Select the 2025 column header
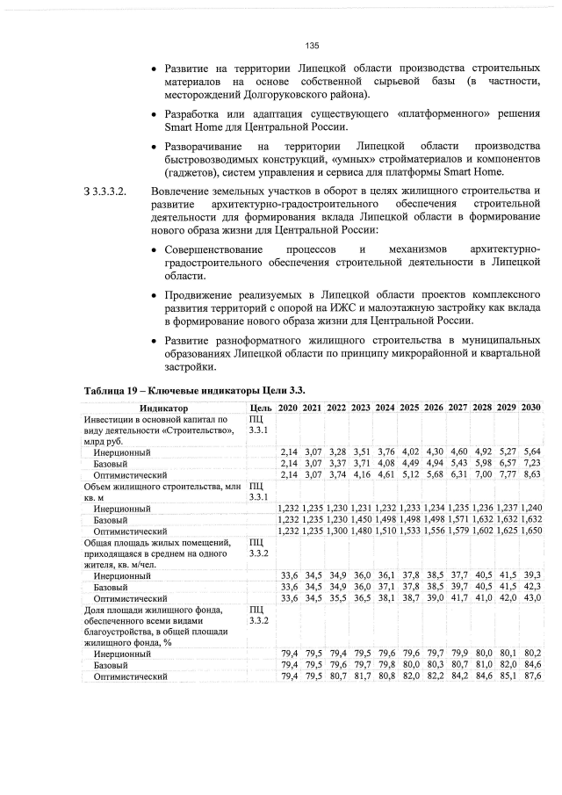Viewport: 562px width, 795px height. [x=409, y=408]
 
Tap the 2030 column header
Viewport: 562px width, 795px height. [x=530, y=408]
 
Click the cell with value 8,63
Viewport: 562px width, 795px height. [x=530, y=474]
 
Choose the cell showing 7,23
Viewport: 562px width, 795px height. [x=530, y=463]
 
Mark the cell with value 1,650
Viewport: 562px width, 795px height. [x=530, y=531]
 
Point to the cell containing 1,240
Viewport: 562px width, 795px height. [x=530, y=508]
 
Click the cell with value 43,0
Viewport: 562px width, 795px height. [x=530, y=597]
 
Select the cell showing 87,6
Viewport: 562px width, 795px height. [x=530, y=676]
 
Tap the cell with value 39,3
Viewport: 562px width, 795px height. [x=530, y=575]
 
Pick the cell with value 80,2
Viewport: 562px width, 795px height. [x=530, y=654]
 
